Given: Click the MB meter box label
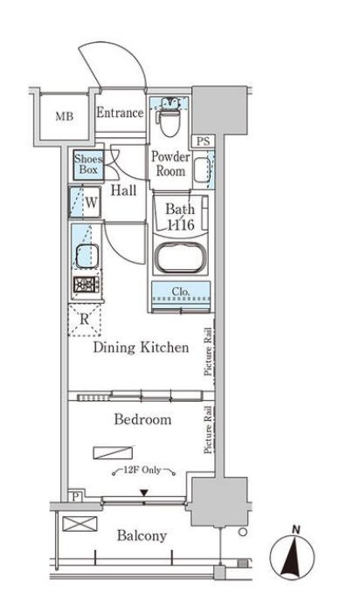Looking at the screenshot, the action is [x=64, y=116].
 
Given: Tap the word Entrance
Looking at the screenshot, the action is [x=120, y=113].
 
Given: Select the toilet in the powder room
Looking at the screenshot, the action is [x=170, y=118].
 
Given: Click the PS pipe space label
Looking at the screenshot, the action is [x=203, y=141].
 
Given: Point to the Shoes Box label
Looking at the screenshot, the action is [x=88, y=164].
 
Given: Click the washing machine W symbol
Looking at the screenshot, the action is [x=91, y=202].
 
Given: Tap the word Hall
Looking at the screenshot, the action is [x=123, y=190].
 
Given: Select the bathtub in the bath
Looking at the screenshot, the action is [x=180, y=258].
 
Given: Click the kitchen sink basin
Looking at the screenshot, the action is [x=87, y=256].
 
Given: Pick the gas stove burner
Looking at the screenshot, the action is [x=87, y=285].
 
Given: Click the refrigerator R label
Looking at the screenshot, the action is [x=84, y=320].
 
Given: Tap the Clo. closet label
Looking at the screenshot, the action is [x=181, y=292].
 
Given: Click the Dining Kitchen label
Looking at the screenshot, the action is [x=142, y=347].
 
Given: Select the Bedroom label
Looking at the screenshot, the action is [x=142, y=419].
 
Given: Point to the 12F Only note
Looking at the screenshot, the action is [x=142, y=470].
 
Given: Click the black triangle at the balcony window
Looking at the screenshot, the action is [x=144, y=492].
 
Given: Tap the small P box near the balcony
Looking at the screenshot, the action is [x=75, y=497].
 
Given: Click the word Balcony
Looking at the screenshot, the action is [x=142, y=535].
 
